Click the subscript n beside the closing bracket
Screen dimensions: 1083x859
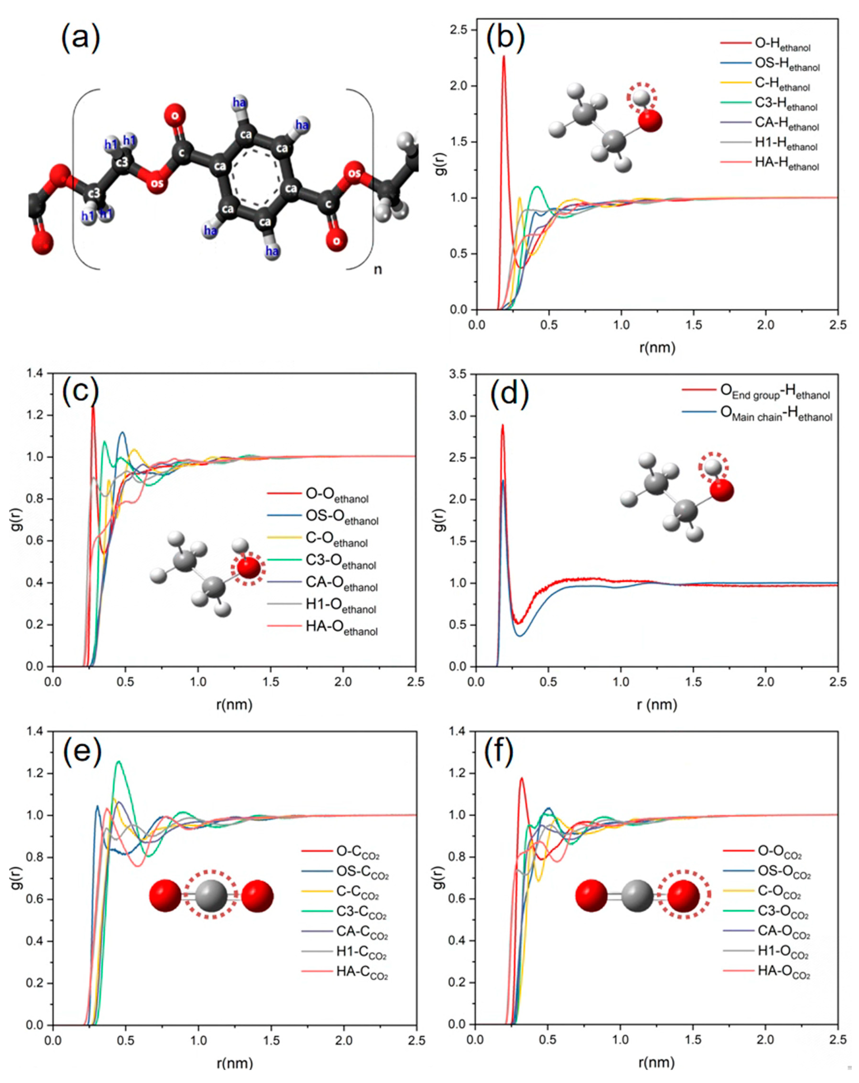377,270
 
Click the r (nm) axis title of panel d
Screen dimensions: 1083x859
656,705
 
